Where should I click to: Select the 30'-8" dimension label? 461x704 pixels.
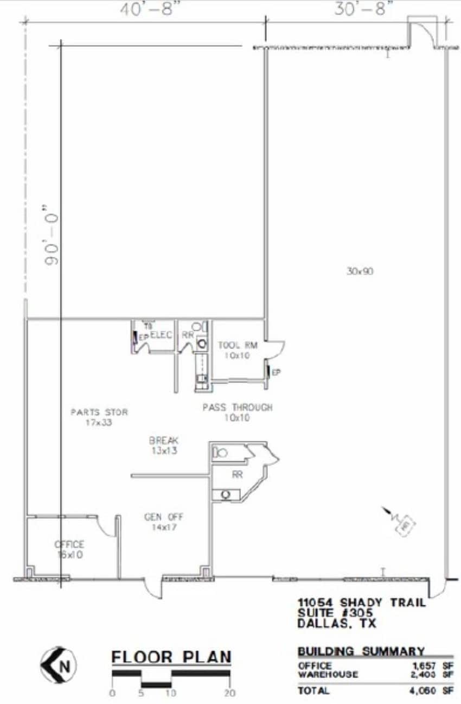click(363, 9)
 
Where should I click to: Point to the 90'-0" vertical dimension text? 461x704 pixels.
click(53, 234)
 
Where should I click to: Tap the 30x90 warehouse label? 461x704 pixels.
click(360, 271)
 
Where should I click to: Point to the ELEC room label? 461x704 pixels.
click(161, 335)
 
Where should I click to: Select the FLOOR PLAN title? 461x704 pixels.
click(171, 657)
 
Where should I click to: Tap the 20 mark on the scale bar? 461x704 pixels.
click(230, 693)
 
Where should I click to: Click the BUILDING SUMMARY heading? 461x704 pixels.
click(361, 651)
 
